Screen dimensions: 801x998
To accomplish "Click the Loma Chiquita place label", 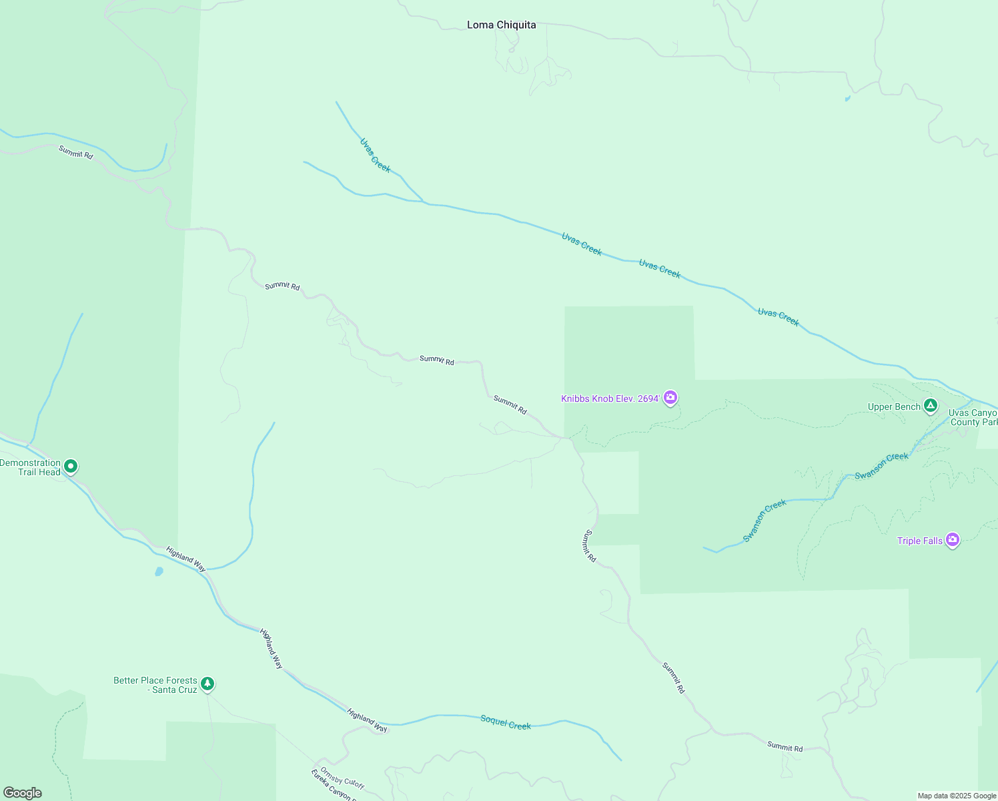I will coord(501,25).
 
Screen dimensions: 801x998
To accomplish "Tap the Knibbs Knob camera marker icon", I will coord(670,398).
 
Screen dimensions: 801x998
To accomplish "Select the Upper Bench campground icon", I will coord(930,406).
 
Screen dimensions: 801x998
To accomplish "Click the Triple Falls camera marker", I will coord(953,540).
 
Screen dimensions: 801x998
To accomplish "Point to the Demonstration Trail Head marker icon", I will coord(71,467).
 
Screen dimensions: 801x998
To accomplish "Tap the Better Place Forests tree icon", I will coord(207,684).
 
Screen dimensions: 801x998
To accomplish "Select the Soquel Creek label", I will coord(506,722).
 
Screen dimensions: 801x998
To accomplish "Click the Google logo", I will coord(22,793).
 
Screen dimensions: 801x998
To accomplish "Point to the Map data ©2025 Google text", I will coord(957,796).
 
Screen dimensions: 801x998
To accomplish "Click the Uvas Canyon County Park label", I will coord(973,418).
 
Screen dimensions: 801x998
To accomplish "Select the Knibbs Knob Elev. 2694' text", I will coord(610,399).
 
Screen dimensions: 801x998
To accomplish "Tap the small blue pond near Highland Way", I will coord(159,571).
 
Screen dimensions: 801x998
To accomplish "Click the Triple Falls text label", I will coord(919,541).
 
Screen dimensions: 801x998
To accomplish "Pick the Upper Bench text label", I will coord(894,407).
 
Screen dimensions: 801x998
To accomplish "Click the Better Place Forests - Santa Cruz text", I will coord(155,685).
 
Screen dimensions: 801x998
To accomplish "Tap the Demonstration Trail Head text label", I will coord(31,467).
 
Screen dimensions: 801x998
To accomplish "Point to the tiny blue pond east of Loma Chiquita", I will coord(848,99).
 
